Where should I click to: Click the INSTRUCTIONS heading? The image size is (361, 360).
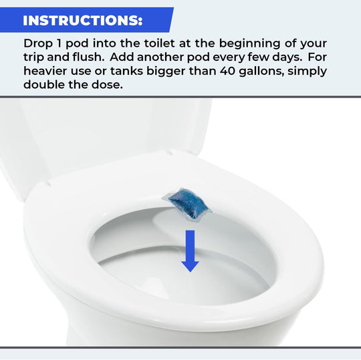click(x=83, y=20)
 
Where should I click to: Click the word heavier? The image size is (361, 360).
click(x=49, y=71)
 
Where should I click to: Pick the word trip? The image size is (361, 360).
click(x=36, y=57)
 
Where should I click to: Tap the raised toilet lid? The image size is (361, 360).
click(x=100, y=134)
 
